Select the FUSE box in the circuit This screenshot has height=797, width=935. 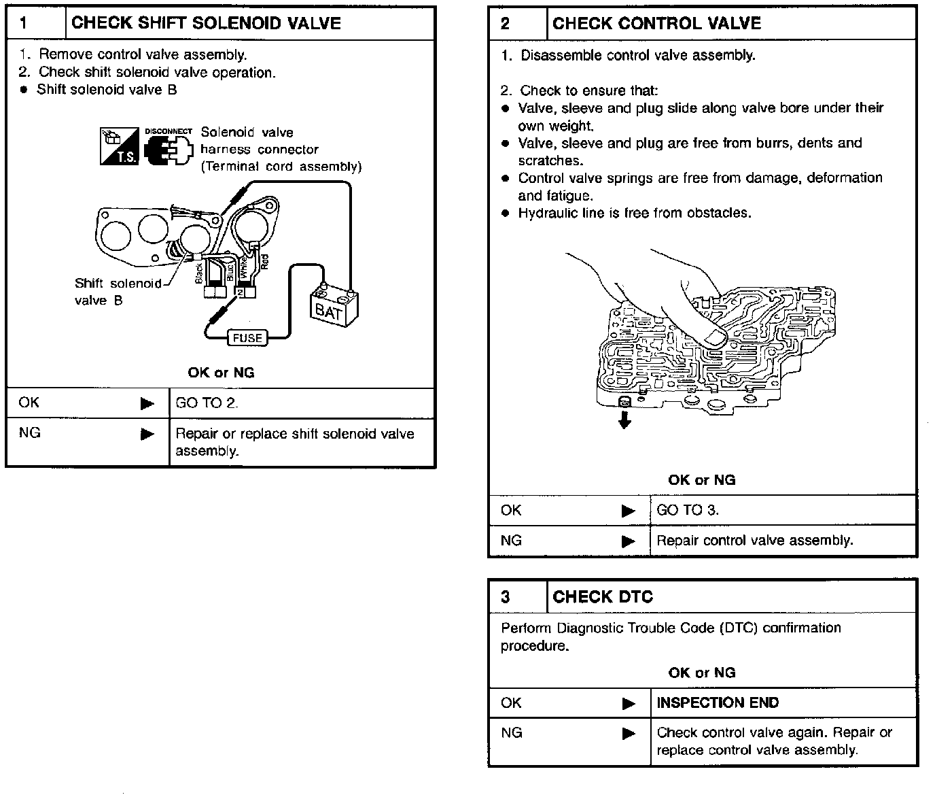tap(247, 338)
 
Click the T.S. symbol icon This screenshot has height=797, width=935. tap(119, 146)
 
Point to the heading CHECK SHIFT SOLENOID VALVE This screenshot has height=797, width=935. tap(206, 23)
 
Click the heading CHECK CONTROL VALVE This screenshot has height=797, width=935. tap(656, 24)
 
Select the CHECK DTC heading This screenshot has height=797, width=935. tap(602, 597)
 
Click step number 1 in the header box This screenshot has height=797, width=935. tap(24, 23)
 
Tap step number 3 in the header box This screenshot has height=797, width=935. tap(505, 597)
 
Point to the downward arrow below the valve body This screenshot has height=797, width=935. tap(624, 420)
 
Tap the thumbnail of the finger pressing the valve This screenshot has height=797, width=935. tap(713, 337)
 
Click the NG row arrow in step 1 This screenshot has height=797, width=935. tap(147, 434)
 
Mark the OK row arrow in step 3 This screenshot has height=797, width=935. tap(629, 704)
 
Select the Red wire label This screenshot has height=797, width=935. tap(265, 261)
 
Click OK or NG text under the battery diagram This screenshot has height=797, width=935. tap(221, 373)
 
